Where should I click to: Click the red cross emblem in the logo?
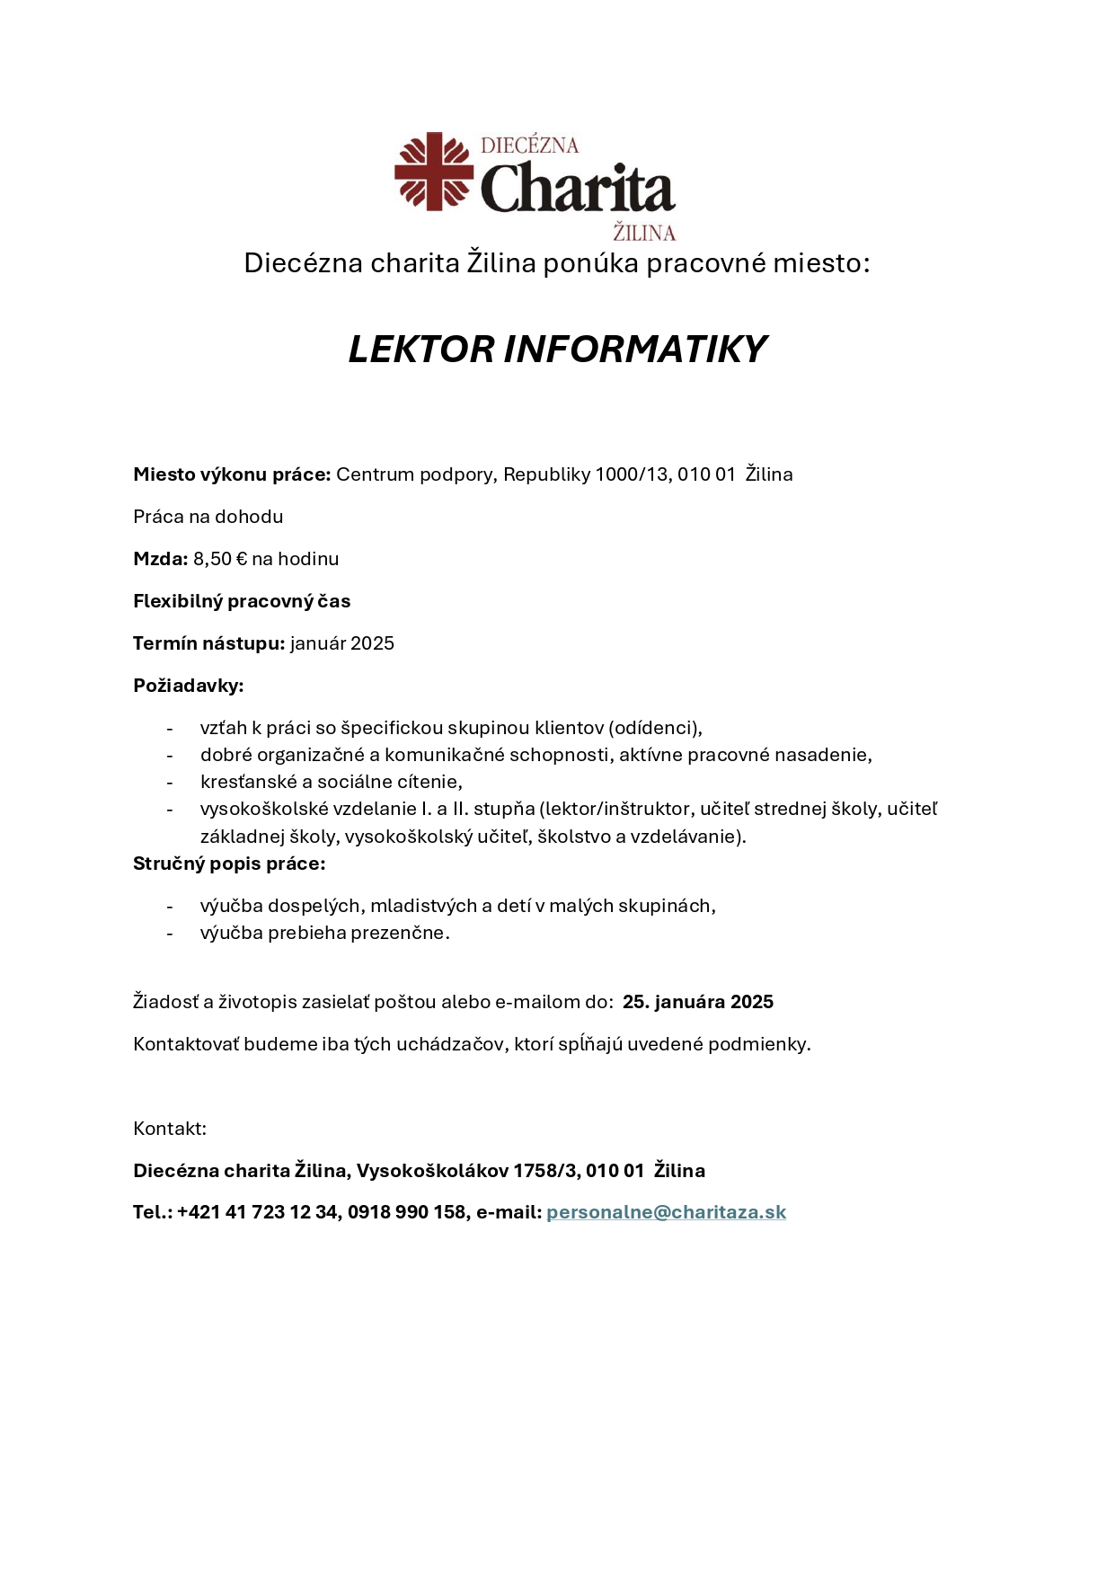click(434, 172)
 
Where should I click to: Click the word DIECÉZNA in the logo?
click(529, 146)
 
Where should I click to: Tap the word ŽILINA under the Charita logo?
click(644, 233)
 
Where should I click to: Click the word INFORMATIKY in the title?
click(634, 350)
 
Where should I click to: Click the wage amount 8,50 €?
click(220, 559)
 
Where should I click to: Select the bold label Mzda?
click(160, 559)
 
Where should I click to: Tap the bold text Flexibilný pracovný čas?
click(242, 601)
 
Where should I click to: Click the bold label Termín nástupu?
click(208, 643)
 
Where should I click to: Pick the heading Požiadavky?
click(189, 686)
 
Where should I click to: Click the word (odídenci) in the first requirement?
click(655, 728)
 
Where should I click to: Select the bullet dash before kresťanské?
click(169, 783)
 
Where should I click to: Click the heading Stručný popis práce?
click(229, 864)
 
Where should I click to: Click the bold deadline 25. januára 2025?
click(698, 1002)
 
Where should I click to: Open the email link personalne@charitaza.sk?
click(666, 1212)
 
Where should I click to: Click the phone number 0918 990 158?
click(407, 1212)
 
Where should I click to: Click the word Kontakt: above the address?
click(170, 1129)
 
